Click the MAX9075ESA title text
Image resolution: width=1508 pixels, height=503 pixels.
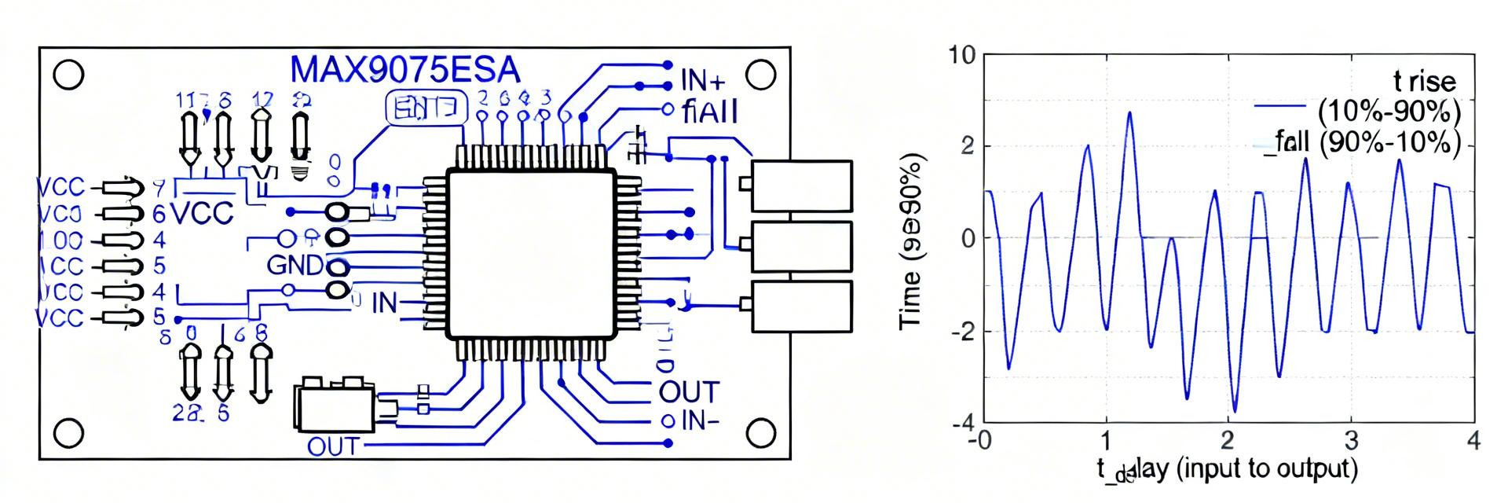[x=404, y=71]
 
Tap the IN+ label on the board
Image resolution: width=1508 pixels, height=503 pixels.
[x=703, y=81]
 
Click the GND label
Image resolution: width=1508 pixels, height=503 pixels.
[x=295, y=266]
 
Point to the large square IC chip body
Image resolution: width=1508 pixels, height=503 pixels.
[x=531, y=254]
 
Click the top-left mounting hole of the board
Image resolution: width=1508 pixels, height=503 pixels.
[x=69, y=75]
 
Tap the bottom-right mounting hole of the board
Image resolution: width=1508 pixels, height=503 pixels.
[x=759, y=432]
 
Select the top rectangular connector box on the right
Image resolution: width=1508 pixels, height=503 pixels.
[x=800, y=185]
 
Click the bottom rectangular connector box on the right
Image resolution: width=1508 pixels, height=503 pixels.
[x=800, y=307]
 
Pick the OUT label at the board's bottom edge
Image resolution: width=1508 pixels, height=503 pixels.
[x=332, y=446]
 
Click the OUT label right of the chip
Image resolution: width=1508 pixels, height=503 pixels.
[x=688, y=391]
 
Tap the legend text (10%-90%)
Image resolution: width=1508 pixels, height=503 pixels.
[x=1389, y=111]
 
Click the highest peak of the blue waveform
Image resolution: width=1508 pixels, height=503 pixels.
[x=1129, y=112]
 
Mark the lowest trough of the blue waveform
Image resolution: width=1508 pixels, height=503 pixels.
[x=1235, y=411]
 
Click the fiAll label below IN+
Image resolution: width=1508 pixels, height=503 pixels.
[x=710, y=112]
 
